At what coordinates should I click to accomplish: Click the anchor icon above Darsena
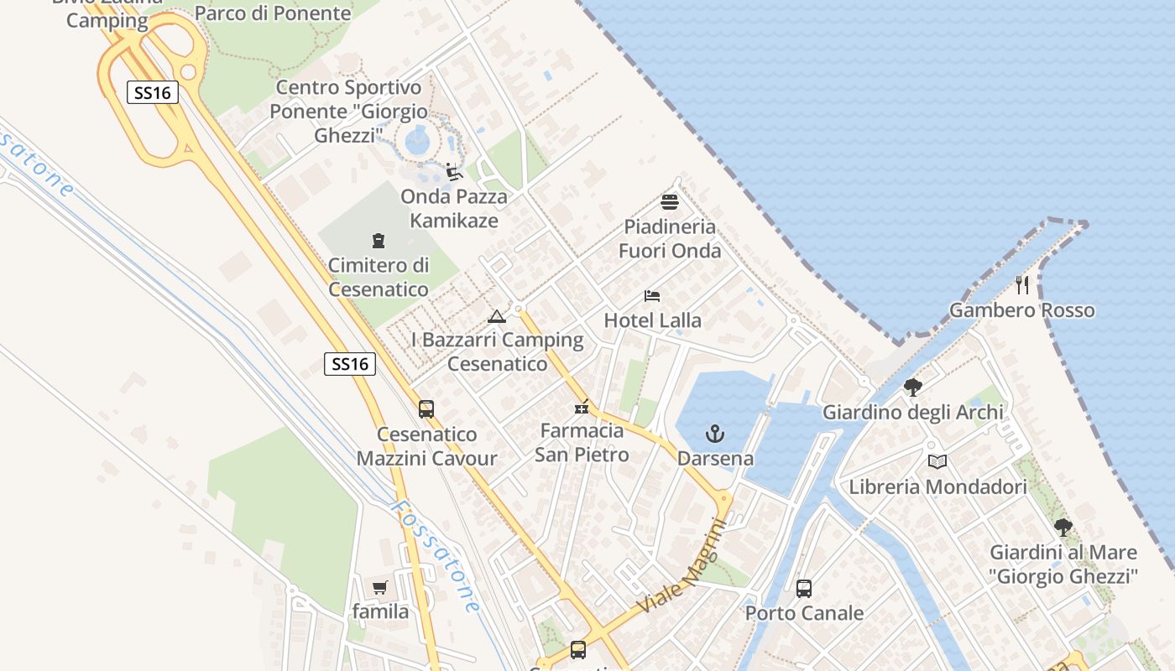tap(714, 434)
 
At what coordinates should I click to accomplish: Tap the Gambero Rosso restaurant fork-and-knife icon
tap(1022, 285)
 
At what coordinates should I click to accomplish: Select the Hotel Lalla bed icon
tap(652, 295)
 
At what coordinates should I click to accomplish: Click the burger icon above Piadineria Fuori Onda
tap(670, 202)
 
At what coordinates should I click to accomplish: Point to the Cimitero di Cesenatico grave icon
tap(379, 242)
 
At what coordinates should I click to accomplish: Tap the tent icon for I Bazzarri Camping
tap(497, 316)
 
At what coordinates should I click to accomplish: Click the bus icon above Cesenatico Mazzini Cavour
tap(426, 409)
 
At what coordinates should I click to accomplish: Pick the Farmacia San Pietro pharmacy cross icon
tap(582, 408)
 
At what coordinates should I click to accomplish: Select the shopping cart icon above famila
tap(380, 587)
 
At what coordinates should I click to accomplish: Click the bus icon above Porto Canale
tap(804, 589)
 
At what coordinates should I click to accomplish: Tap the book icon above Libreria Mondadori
tap(937, 461)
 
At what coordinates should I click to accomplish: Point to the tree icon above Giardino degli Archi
tap(913, 387)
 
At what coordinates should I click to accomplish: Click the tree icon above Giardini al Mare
tap(1063, 528)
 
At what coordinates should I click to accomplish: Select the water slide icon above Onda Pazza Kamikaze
tap(454, 172)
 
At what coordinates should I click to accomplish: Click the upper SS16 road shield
tap(153, 92)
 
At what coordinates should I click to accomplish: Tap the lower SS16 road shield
tap(349, 364)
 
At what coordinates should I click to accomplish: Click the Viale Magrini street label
tap(681, 566)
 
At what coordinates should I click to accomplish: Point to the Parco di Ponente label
tap(273, 13)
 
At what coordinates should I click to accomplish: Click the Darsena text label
tap(715, 459)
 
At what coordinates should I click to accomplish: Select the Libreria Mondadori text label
tap(937, 486)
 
